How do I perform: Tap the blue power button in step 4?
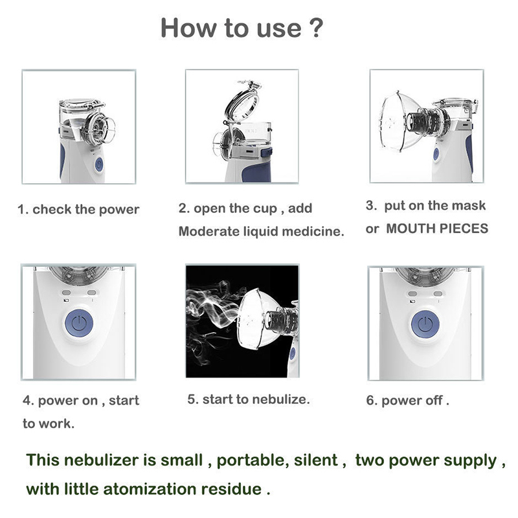click(x=79, y=322)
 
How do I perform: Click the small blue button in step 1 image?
click(x=99, y=164)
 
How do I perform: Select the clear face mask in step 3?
click(x=398, y=121)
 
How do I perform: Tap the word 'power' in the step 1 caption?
click(x=119, y=210)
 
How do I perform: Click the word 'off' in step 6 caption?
click(x=434, y=400)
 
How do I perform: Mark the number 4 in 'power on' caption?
click(x=27, y=401)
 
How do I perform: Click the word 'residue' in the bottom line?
click(x=231, y=490)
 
